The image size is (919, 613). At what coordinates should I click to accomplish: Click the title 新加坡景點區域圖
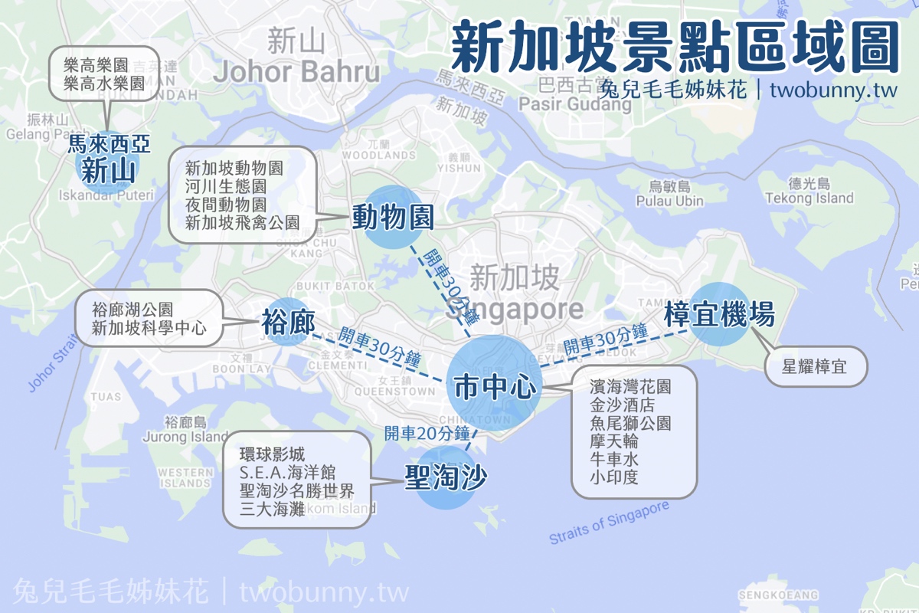click(674, 48)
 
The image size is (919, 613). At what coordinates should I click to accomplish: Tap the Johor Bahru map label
click(296, 72)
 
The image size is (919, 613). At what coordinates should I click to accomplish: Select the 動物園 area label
click(393, 218)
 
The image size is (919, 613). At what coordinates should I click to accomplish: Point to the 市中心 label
click(494, 387)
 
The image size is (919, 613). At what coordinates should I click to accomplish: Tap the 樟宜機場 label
click(719, 314)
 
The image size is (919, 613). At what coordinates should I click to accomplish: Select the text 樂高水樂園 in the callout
click(105, 84)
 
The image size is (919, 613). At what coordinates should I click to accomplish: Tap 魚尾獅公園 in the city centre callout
click(630, 423)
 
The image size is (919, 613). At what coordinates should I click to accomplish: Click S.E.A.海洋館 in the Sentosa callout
click(287, 473)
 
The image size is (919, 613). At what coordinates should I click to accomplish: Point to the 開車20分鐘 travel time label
click(427, 433)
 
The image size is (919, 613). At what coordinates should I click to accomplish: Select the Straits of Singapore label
click(609, 523)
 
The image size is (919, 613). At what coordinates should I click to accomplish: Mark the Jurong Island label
click(185, 438)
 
